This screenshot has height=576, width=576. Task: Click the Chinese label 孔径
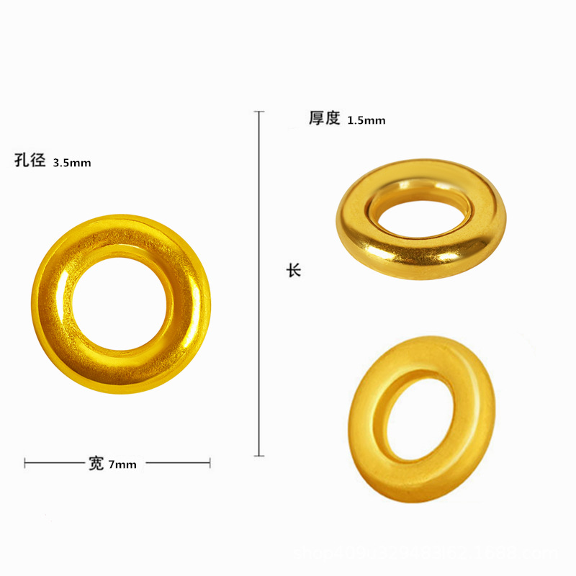30,161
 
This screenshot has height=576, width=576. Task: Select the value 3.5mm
72,163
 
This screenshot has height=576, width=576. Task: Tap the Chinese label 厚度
324,118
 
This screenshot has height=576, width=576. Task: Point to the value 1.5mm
366,121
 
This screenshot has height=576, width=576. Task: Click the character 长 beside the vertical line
293,271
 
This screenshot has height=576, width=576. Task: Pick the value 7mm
122,465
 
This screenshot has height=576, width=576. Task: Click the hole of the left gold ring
121,304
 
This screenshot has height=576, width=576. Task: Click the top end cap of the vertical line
259,112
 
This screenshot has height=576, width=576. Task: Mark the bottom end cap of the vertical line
259,456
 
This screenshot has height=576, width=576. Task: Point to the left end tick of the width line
25,463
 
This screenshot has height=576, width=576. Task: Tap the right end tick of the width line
210,463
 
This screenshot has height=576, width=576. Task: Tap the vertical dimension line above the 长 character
259,187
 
